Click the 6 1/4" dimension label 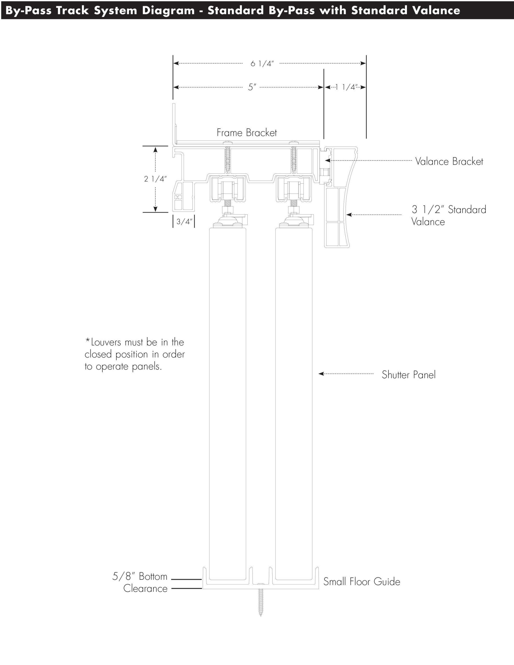tap(262, 64)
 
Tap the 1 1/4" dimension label tap(346, 87)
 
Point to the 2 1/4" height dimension tap(155, 179)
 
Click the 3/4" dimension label tap(184, 222)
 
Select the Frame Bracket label tap(247, 133)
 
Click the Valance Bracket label tap(449, 161)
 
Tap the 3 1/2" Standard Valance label tap(449, 216)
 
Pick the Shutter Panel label tap(408, 375)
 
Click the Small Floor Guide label tap(362, 582)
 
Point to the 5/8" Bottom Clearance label tap(140, 582)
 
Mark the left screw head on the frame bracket tap(227, 143)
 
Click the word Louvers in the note tap(106, 342)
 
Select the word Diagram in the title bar tap(168, 11)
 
